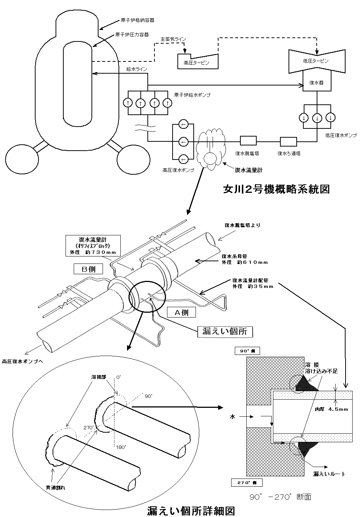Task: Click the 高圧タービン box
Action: click(196, 62)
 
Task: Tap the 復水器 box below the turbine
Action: click(316, 83)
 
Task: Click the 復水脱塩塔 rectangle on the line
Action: click(248, 141)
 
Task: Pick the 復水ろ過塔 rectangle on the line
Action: click(289, 141)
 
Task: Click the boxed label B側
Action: click(89, 269)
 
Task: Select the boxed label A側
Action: click(181, 312)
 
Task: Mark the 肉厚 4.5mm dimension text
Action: click(331, 410)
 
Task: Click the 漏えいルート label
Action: click(329, 474)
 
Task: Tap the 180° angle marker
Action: click(118, 447)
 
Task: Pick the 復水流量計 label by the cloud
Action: click(249, 170)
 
